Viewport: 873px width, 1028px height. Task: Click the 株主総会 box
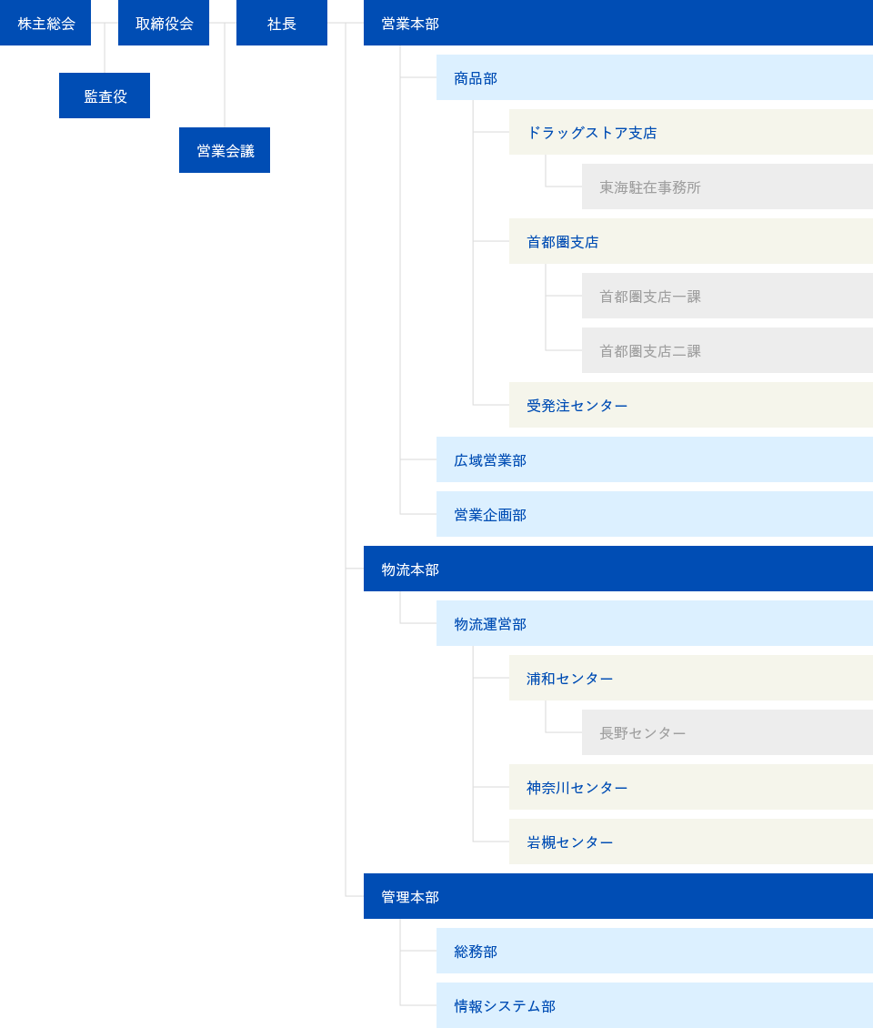coord(45,23)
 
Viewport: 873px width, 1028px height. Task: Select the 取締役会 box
coord(164,23)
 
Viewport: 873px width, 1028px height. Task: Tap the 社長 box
coord(282,23)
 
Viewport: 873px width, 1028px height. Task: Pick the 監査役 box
coord(105,96)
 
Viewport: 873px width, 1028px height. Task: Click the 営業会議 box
coord(225,150)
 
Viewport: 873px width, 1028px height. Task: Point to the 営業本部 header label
coord(410,24)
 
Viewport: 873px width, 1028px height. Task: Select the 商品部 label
coord(476,78)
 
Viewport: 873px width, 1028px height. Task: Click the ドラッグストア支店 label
coord(592,133)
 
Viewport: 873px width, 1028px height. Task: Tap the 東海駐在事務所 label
coord(650,187)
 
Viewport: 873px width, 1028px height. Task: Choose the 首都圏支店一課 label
coord(650,297)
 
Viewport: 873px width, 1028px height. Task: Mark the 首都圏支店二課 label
coord(650,351)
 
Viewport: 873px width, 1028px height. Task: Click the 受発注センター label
coord(577,406)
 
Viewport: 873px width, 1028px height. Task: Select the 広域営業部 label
coord(490,461)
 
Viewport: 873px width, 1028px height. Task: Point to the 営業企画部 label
coord(490,515)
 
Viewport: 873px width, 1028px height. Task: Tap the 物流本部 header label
coord(410,569)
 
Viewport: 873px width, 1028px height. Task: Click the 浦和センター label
coord(569,679)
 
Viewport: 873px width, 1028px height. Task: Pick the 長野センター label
coord(642,733)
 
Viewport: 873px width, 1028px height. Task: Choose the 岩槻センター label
coord(569,842)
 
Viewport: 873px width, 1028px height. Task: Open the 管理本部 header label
coord(410,897)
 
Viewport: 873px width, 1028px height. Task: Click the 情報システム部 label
coord(505,1006)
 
